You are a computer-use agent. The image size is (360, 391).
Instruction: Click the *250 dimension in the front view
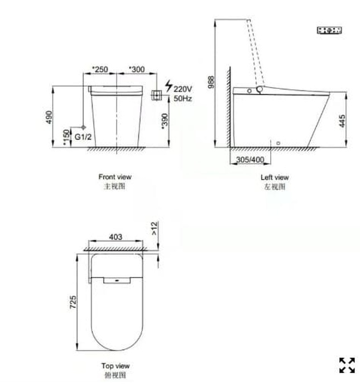pos(100,70)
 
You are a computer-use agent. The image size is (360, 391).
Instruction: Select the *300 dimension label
pos(137,70)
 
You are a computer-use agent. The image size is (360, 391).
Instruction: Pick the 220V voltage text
pos(183,89)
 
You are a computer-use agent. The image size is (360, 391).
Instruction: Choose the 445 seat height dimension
pos(343,121)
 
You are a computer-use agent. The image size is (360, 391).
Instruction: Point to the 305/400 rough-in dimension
pos(249,160)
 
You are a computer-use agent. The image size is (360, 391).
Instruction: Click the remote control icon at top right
pos(330,30)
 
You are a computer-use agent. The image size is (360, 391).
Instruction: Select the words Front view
pos(115,177)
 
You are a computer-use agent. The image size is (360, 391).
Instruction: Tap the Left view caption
pos(275,178)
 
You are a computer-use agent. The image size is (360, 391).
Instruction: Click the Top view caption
pos(116,366)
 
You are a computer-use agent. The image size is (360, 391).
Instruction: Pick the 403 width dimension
pos(116,237)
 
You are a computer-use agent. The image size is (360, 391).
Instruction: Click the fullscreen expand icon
pos(347,365)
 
